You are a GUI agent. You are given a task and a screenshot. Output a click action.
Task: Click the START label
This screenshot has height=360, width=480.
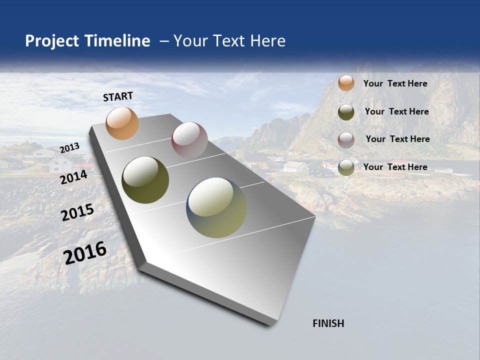(118, 96)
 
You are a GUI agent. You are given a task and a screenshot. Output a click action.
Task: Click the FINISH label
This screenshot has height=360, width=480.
(328, 323)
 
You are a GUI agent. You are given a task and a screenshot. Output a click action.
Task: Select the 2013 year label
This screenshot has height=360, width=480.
(69, 148)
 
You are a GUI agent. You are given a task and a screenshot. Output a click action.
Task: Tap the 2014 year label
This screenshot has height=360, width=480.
(73, 177)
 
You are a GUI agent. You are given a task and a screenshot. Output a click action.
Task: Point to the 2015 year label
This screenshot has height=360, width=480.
(77, 212)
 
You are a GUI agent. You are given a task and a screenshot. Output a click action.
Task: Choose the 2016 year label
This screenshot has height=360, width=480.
(85, 252)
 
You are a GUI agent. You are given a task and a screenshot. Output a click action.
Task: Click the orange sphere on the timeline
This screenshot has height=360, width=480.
(122, 123)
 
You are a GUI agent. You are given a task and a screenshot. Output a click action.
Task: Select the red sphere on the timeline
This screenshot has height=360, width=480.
(189, 140)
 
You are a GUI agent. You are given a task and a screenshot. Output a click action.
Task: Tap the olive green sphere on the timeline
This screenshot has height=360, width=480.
(145, 180)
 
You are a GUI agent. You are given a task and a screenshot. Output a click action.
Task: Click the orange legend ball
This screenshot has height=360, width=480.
(346, 83)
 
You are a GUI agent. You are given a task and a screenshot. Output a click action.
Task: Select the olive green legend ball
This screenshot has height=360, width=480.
(346, 112)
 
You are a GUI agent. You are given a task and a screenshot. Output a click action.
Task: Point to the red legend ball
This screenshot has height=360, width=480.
(346, 140)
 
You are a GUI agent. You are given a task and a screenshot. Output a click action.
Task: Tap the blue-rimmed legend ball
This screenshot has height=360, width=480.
(346, 167)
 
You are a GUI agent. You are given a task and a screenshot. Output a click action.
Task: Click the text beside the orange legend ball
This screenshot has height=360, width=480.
(395, 83)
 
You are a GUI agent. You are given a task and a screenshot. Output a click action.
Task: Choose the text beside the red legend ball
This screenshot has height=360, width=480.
(397, 139)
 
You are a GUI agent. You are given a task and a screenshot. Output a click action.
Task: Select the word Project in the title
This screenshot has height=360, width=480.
(52, 41)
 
